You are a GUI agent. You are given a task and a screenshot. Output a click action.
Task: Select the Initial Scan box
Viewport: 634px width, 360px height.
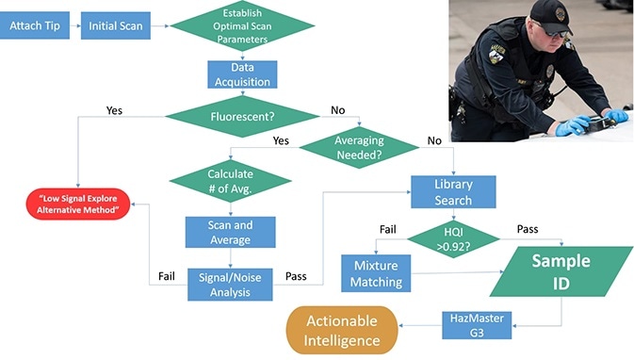[x=116, y=25]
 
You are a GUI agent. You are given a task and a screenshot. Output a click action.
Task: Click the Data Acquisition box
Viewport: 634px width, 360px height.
[x=242, y=74]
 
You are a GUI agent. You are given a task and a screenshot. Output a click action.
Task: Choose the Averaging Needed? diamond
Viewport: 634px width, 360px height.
[x=358, y=146]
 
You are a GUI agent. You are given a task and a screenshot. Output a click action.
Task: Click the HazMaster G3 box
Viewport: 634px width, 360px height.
[x=477, y=323]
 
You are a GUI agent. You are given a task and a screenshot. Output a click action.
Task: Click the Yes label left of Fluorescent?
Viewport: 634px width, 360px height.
[x=115, y=110]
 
